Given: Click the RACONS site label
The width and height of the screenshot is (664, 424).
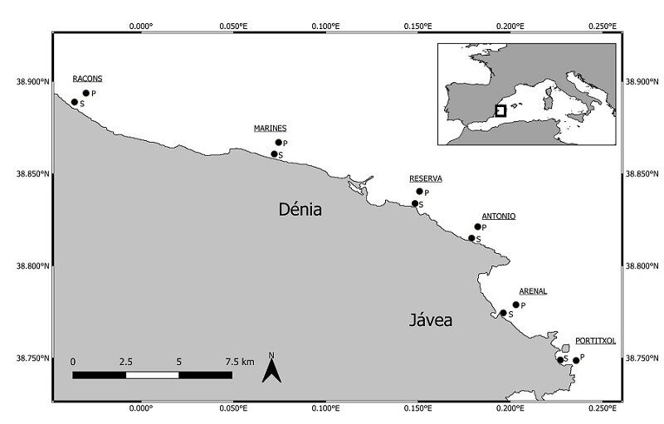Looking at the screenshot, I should click(87, 79).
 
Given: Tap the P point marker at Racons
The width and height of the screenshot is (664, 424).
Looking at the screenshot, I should click(85, 93).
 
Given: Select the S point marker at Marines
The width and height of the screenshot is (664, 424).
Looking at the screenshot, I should click(274, 154).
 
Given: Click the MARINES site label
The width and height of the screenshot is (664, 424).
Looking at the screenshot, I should click(270, 128).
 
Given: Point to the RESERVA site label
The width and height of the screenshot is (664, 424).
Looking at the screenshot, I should click(426, 178).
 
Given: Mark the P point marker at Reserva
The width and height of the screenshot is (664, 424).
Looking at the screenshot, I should click(419, 192).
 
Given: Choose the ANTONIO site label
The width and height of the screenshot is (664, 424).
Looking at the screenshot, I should click(498, 216).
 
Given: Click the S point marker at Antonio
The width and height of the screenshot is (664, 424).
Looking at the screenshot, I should click(471, 238).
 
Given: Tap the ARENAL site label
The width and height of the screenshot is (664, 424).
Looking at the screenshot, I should click(533, 291).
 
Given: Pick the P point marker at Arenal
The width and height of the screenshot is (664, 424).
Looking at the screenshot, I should click(515, 305).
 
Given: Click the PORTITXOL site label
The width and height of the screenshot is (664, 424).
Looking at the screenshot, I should click(595, 340).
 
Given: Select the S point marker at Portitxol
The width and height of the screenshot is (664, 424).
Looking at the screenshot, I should click(560, 359).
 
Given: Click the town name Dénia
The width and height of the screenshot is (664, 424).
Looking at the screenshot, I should click(300, 210).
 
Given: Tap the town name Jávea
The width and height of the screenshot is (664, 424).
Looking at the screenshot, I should click(431, 319).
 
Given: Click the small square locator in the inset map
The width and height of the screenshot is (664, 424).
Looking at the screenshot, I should click(500, 110).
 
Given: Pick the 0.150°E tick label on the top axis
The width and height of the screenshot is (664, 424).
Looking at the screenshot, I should click(417, 26).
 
